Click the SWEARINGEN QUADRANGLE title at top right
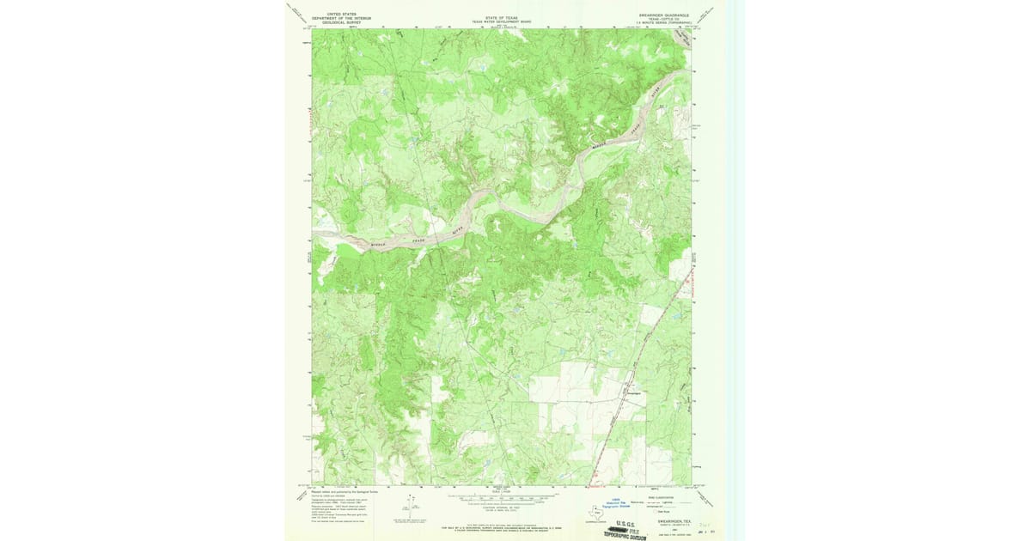click(663, 15)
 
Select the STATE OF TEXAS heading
click(502, 17)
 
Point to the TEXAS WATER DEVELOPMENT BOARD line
click(502, 21)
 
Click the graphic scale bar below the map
click(502, 497)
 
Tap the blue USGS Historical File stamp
click(614, 505)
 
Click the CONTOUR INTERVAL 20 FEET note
click(502, 508)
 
